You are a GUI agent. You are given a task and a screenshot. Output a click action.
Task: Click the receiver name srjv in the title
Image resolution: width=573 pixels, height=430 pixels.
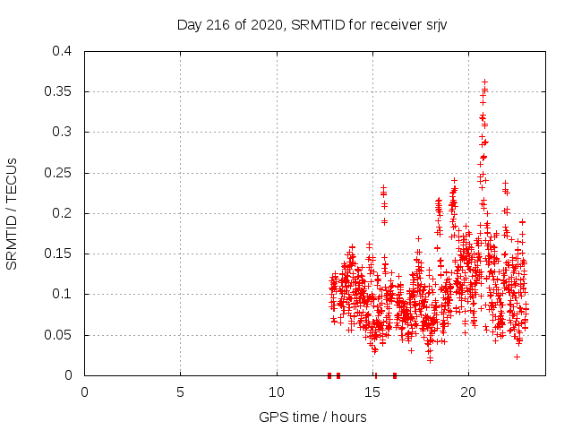(x=434, y=24)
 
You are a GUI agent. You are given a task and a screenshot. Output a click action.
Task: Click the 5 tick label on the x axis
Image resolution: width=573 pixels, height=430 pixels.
(x=181, y=392)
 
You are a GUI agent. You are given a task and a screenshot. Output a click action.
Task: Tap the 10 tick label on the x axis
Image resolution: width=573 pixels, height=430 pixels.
(x=277, y=392)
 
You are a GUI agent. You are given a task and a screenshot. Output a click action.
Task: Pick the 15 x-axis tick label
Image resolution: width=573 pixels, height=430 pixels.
(x=372, y=392)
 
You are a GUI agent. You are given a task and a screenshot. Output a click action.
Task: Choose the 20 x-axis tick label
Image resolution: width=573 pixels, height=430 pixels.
(x=468, y=392)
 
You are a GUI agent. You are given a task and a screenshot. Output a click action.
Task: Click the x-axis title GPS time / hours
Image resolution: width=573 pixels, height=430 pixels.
(x=312, y=417)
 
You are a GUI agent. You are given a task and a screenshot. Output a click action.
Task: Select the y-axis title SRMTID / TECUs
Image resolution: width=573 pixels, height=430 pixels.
(x=13, y=213)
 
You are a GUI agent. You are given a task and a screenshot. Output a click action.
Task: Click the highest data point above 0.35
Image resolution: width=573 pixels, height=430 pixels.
(x=484, y=82)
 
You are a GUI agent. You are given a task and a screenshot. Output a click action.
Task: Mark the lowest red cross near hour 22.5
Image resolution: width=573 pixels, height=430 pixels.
(x=517, y=357)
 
